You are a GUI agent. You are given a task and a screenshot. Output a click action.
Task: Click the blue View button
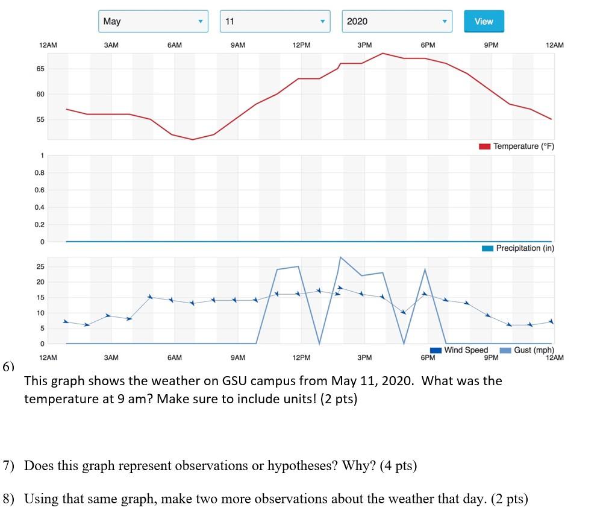pos(484,21)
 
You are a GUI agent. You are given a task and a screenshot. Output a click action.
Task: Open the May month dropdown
pos(153,21)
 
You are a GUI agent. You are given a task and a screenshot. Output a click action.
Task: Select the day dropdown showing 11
pos(275,21)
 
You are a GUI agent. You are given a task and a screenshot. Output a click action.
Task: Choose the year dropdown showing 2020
pos(397,21)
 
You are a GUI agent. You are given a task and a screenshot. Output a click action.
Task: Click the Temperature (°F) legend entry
pos(516,146)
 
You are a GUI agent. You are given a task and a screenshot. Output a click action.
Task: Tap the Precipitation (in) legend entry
pos(518,248)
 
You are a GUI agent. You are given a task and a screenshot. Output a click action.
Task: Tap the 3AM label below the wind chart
pos(111,358)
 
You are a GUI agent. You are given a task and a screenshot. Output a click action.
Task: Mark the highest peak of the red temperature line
pos(383,53)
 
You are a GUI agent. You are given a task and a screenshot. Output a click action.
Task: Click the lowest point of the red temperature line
pos(193,140)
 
